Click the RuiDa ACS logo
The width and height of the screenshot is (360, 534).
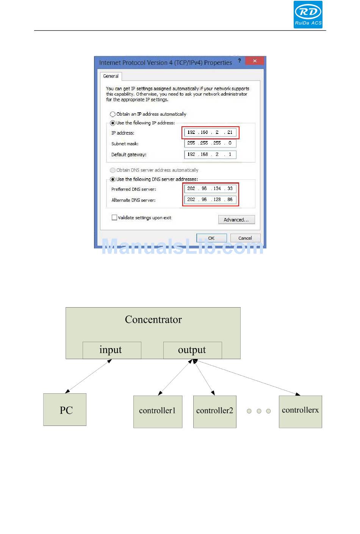tap(308, 14)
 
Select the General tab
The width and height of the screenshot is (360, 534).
tap(111, 76)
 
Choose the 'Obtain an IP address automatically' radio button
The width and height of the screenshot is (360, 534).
tap(113, 114)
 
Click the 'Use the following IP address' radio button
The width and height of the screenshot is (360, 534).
tap(113, 123)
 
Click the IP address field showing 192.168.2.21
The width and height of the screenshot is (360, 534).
tap(210, 132)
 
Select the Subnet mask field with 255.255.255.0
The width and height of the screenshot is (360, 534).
tap(210, 143)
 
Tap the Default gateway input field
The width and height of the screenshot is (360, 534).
tap(210, 154)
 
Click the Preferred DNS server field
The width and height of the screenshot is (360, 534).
tap(210, 188)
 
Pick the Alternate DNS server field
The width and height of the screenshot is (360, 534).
tap(210, 199)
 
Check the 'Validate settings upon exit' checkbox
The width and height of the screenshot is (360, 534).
tap(114, 217)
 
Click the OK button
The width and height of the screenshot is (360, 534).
tap(211, 238)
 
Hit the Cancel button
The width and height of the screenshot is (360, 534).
tap(245, 238)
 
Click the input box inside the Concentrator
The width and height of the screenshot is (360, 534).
tap(112, 350)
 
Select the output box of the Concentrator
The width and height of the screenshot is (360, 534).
tap(193, 350)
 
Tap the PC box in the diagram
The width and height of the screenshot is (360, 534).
tap(65, 410)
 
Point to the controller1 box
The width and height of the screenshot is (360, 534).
tap(158, 412)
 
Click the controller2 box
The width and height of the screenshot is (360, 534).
tap(214, 412)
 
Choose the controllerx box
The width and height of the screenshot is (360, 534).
tap(301, 412)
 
